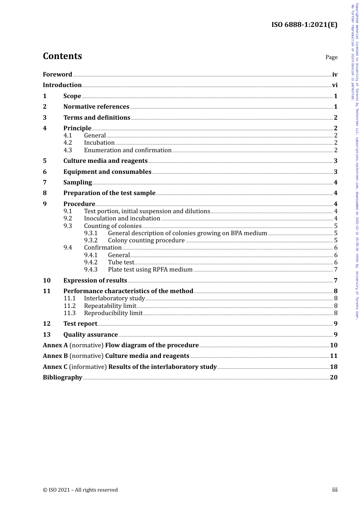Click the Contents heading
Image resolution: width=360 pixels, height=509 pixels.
click(62, 56)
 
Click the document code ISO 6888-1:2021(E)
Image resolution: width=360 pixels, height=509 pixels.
click(304, 25)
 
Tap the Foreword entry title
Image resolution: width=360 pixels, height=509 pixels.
click(57, 74)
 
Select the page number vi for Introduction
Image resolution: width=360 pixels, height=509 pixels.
click(335, 85)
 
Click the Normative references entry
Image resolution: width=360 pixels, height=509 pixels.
click(96, 107)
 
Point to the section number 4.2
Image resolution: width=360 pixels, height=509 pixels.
click(67, 143)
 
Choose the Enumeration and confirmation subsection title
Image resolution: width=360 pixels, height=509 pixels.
click(128, 150)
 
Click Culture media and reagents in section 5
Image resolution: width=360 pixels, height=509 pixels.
click(105, 161)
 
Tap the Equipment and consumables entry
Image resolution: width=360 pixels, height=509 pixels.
click(107, 172)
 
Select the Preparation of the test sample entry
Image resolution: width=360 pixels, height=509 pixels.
click(109, 193)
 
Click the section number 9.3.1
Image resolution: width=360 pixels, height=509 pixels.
click(91, 233)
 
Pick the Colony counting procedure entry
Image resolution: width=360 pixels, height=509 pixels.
click(146, 240)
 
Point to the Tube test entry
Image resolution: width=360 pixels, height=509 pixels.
click(121, 262)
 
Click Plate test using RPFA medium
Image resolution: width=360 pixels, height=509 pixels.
click(150, 270)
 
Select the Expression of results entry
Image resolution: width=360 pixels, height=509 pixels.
click(95, 281)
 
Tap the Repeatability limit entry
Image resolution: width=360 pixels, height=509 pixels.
click(110, 306)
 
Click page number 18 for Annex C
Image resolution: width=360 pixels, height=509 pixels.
click(333, 367)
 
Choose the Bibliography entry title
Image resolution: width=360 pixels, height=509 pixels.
click(63, 378)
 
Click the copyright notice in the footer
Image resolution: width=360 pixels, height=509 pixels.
click(80, 490)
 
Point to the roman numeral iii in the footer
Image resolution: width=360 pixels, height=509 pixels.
click(335, 490)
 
